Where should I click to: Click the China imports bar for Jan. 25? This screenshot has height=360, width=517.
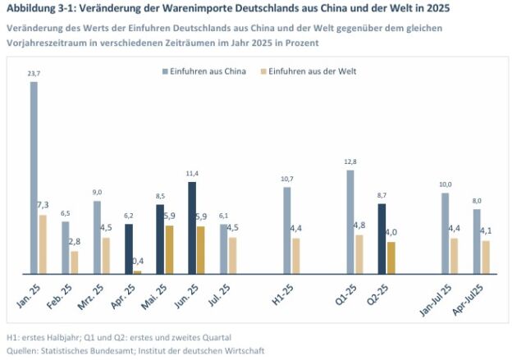[34, 177]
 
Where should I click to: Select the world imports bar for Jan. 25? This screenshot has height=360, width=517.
[43, 244]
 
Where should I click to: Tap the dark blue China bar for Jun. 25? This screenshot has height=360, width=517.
[192, 227]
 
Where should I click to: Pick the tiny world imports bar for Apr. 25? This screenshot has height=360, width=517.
[137, 271]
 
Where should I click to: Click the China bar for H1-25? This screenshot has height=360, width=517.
[287, 230]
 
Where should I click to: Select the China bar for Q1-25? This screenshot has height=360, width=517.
[350, 221]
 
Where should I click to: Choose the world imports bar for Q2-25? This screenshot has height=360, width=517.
[391, 257]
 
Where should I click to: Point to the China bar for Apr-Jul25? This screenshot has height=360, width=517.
[477, 241]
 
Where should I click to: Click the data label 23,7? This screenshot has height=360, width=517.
[34, 75]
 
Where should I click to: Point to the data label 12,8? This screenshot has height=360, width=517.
[350, 162]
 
